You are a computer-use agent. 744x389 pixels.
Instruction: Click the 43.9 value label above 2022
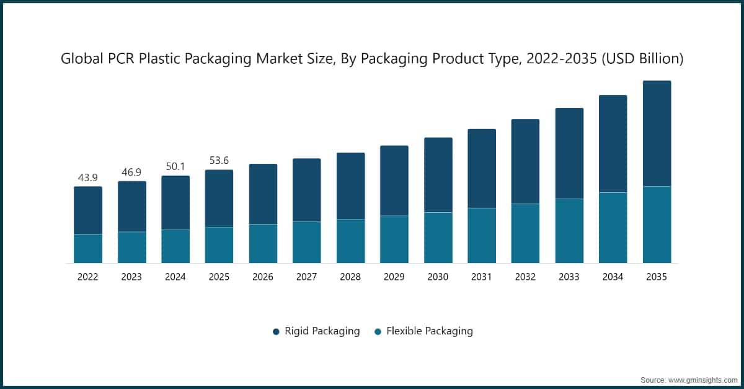(88, 178)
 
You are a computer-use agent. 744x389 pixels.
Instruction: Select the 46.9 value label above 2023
(131, 172)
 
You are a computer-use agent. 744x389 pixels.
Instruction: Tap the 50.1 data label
(175, 167)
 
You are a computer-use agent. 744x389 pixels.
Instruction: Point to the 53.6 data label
(219, 161)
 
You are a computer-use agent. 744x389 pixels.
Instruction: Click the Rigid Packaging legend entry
(316, 331)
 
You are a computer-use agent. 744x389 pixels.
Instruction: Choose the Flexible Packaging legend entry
(423, 331)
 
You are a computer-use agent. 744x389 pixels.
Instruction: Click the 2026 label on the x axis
(263, 277)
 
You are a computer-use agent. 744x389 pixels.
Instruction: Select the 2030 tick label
(438, 277)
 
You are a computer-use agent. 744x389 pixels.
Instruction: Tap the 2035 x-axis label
(656, 277)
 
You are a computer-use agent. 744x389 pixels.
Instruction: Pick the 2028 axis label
(350, 277)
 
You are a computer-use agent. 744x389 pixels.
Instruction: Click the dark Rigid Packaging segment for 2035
(657, 133)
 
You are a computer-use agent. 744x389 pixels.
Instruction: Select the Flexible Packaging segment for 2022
(88, 248)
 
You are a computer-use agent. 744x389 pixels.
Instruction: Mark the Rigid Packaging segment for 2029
(394, 181)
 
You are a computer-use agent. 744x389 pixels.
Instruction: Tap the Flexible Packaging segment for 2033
(569, 231)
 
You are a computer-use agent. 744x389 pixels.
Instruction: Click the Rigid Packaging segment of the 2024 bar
(175, 203)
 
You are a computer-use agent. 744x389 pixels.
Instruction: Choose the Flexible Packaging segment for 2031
(482, 235)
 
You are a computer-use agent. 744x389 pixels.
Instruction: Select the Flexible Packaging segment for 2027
(307, 242)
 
